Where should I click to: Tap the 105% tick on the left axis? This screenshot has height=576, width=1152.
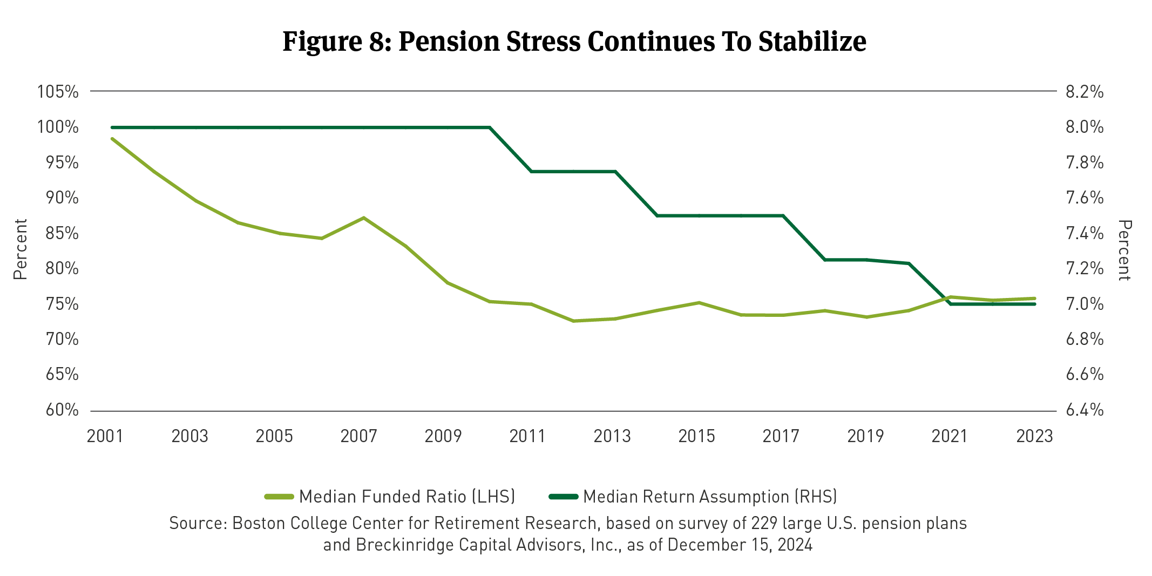point(58,92)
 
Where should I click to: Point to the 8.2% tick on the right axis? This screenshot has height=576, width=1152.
point(1085,92)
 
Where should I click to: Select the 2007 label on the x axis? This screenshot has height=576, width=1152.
point(358,436)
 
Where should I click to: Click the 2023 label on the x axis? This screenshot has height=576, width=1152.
point(1034,436)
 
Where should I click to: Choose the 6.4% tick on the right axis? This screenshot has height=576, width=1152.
point(1085,410)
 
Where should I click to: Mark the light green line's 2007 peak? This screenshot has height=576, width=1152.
point(364,218)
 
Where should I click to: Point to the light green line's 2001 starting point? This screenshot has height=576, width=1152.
point(112,139)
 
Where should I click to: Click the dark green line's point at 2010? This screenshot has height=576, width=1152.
point(490,127)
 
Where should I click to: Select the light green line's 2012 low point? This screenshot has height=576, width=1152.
point(573,321)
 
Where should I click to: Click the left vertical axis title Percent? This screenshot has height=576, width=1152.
point(20,249)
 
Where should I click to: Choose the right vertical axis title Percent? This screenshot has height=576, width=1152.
point(1124,250)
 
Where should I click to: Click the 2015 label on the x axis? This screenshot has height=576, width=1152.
point(696,436)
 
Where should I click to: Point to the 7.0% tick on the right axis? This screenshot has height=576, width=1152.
point(1085,304)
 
